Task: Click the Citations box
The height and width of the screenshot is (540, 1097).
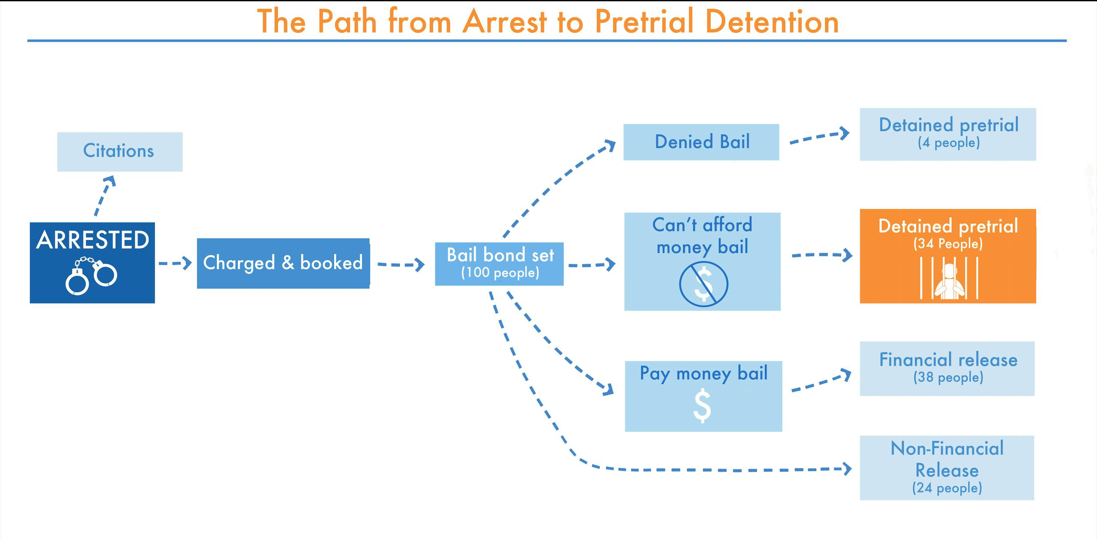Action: (x=120, y=152)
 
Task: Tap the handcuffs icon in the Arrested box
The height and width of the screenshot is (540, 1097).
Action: (x=91, y=275)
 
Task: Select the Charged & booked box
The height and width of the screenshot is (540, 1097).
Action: (x=283, y=263)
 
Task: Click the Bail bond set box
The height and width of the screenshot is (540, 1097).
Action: (x=499, y=264)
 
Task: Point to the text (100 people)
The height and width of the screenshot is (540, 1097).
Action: (x=500, y=273)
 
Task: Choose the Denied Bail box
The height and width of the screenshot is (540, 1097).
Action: (x=701, y=142)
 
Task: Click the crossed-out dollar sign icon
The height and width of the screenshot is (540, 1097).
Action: (x=703, y=284)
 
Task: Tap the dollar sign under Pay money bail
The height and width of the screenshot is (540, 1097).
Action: (x=702, y=405)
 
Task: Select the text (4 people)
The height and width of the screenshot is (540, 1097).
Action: (x=948, y=143)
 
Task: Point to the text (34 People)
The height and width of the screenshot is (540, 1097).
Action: (x=948, y=244)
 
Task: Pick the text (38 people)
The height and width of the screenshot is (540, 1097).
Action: (x=948, y=377)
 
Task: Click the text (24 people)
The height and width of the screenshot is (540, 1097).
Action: (x=947, y=488)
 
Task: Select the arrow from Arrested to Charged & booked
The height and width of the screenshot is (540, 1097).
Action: (x=175, y=263)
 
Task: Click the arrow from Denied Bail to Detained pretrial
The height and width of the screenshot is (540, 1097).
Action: (x=819, y=137)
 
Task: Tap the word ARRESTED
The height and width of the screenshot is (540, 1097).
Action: (x=93, y=240)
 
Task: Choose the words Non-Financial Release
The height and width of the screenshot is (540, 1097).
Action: (x=947, y=459)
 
